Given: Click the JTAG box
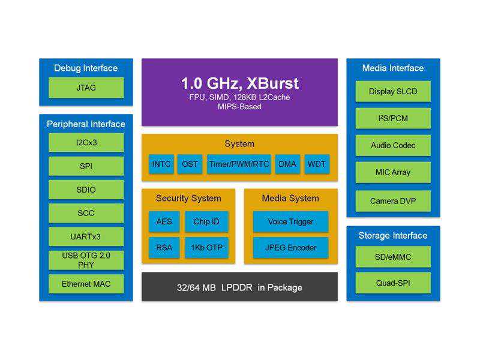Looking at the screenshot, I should [x=86, y=88].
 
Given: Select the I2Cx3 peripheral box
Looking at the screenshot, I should [x=86, y=143].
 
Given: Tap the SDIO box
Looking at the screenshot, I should [x=86, y=190].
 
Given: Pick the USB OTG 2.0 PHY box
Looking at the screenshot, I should [x=86, y=260].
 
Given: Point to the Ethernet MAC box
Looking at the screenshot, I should [x=86, y=284].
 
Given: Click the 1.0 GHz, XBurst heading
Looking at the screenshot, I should [x=239, y=83].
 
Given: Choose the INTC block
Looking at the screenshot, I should [x=161, y=164].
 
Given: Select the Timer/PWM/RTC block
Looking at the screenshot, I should [x=239, y=164].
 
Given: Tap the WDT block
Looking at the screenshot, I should [x=317, y=164].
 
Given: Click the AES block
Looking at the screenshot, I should [x=164, y=221].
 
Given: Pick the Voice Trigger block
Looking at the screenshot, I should [x=290, y=221].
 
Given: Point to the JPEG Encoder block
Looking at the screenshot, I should [x=290, y=248].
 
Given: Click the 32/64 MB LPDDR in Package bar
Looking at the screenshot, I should [x=239, y=287].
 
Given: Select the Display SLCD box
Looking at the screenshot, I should [x=393, y=92].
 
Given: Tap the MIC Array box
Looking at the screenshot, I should [x=393, y=172].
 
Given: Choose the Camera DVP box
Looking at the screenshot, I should [x=393, y=201].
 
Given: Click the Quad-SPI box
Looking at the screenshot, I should [x=393, y=283].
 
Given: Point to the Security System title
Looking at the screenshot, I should [x=188, y=198].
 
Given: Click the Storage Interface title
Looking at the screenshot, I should [x=393, y=235].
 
